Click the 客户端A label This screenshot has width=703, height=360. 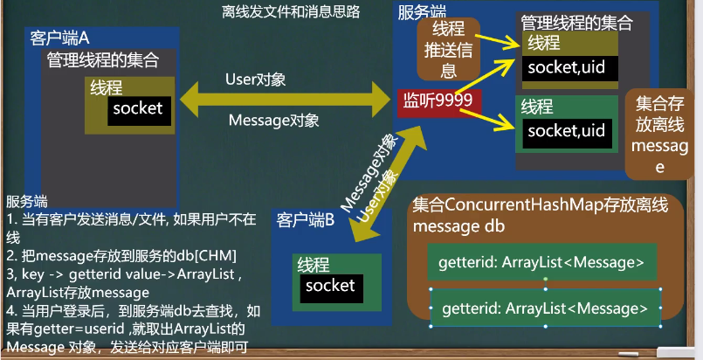tap(59, 38)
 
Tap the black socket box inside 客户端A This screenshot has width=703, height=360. tap(138, 108)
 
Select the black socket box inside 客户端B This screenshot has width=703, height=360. tap(331, 285)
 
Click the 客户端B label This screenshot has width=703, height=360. tap(306, 218)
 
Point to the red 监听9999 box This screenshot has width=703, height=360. tap(437, 101)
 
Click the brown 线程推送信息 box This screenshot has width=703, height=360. tap(448, 48)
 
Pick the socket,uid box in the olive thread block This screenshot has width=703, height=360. tap(567, 66)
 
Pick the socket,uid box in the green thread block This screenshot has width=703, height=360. tap(567, 131)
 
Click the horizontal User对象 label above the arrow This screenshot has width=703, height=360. tap(256, 80)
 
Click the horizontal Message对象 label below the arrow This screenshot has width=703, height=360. tap(274, 120)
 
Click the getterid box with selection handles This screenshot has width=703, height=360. tap(545, 307)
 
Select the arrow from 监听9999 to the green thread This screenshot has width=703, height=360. tap(493, 117)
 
